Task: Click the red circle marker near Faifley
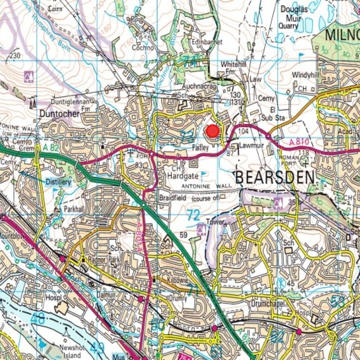pyautogui.click(x=212, y=131)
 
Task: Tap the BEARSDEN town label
pyautogui.click(x=275, y=177)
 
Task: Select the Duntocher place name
pyautogui.click(x=59, y=114)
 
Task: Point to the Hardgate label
pyautogui.click(x=183, y=177)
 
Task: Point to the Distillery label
pyautogui.click(x=58, y=182)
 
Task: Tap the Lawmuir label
pyautogui.click(x=250, y=146)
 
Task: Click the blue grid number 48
pyautogui.click(x=38, y=319)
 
